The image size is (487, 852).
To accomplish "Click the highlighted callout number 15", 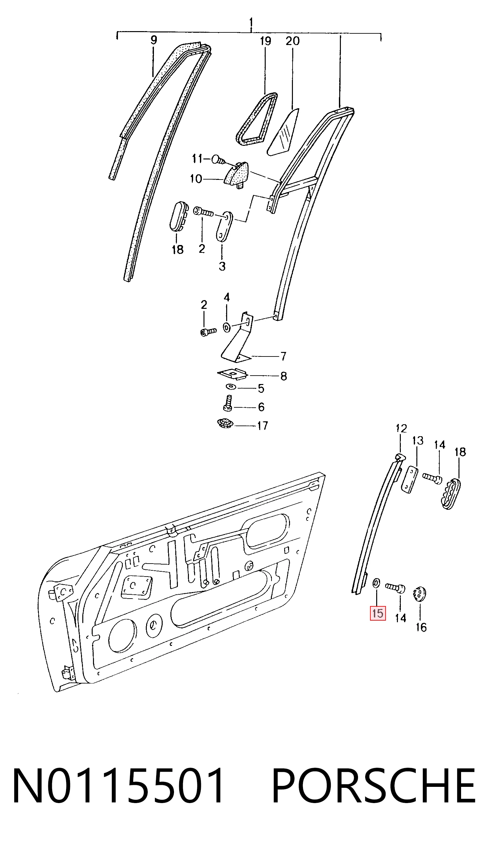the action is point(377,613).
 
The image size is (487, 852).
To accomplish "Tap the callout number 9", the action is point(154,41).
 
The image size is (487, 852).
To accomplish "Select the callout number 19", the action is point(265,41).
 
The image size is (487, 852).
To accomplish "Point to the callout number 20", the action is point(293,41).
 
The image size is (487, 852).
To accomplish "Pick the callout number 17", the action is point(262,426).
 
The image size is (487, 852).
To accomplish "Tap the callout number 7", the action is point(283,356).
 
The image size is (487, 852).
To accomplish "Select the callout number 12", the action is point(401,428).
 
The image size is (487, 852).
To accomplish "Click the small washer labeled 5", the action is point(230,387).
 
